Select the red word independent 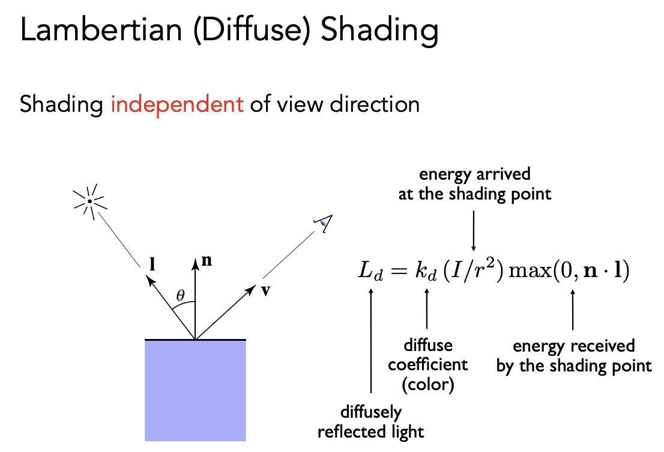(x=177, y=105)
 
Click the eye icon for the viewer (x=322, y=225)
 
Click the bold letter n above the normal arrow (x=208, y=262)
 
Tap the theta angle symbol (x=181, y=295)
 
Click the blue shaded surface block (x=195, y=391)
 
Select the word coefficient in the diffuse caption (x=427, y=365)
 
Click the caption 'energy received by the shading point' (x=574, y=356)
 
